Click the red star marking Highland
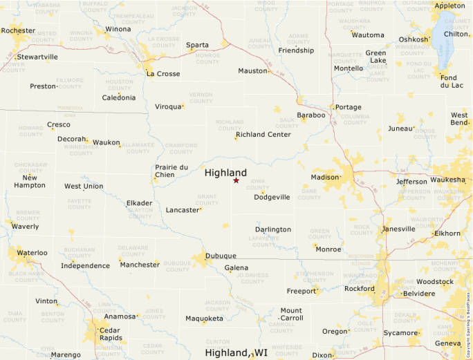click(x=236, y=180)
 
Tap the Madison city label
click(x=325, y=177)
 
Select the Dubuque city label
click(x=221, y=256)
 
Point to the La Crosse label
click(x=163, y=74)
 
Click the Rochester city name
click(x=18, y=30)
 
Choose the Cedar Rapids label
click(x=109, y=333)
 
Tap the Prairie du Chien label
click(x=171, y=171)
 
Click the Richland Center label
click(x=263, y=134)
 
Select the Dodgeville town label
click(x=272, y=197)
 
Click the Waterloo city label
click(x=32, y=253)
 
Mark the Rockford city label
click(x=359, y=289)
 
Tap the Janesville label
click(x=398, y=229)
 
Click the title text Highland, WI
click(x=236, y=352)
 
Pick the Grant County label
click(x=207, y=200)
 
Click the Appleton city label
click(x=449, y=6)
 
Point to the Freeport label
click(x=301, y=291)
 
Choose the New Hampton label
click(x=30, y=182)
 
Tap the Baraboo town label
click(x=310, y=115)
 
